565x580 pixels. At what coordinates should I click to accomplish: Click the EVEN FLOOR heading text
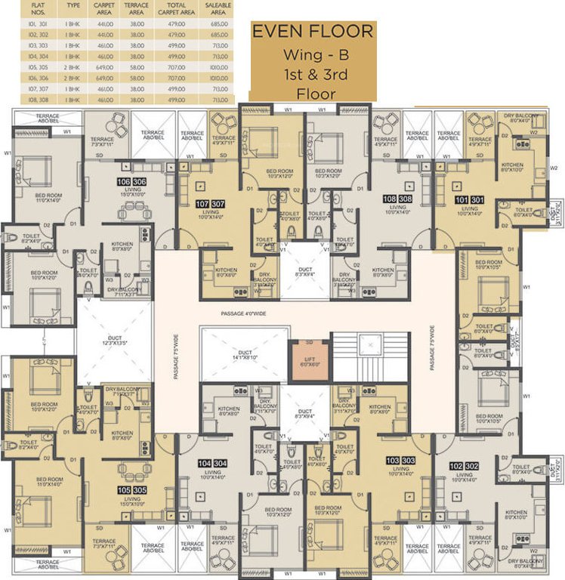point(313,32)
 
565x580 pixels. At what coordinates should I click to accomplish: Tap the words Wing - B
point(313,55)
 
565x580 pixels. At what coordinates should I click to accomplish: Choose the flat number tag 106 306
point(131,182)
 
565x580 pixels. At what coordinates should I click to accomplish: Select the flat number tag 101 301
point(465,199)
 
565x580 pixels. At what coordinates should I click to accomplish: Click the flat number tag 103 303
point(401,460)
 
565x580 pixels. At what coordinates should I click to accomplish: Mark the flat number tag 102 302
point(465,467)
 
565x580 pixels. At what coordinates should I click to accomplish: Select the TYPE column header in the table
point(73,8)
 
